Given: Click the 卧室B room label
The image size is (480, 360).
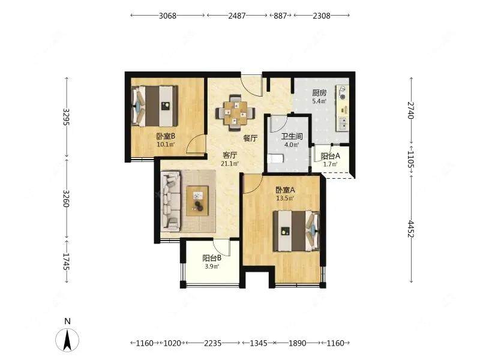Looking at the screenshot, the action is pyautogui.click(x=166, y=137).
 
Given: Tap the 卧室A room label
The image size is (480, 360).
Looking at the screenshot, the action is pyautogui.click(x=285, y=190).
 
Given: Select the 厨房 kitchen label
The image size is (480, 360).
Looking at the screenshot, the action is pyautogui.click(x=319, y=93).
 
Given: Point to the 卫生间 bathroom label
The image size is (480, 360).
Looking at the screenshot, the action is pyautogui.click(x=292, y=137).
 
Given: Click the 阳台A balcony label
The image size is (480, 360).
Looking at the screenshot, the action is pyautogui.click(x=331, y=156).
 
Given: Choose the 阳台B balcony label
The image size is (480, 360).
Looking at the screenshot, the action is pyautogui.click(x=212, y=258).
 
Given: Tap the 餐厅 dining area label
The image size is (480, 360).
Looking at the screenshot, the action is pyautogui.click(x=250, y=139).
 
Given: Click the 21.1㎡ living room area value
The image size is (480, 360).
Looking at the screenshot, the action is pyautogui.click(x=230, y=164).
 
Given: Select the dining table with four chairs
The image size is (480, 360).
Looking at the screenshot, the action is pyautogui.click(x=235, y=113).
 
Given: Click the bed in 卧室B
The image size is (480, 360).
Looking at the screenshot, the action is pyautogui.click(x=155, y=106).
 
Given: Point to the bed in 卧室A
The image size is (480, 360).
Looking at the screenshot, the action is pyautogui.click(x=296, y=231).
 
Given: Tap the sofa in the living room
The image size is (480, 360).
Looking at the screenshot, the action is pyautogui.click(x=171, y=201).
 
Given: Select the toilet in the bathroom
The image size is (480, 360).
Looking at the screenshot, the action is pyautogui.click(x=275, y=159).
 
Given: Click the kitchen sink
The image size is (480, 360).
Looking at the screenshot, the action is pyautogui.click(x=343, y=123).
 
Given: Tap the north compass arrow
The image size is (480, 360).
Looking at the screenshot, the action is pyautogui.click(x=67, y=340).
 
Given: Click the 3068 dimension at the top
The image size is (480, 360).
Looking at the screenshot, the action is pyautogui.click(x=167, y=16).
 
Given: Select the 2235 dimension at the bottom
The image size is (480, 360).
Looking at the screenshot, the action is pyautogui.click(x=213, y=343).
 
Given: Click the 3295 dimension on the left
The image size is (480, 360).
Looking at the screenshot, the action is pyautogui.click(x=67, y=116).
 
